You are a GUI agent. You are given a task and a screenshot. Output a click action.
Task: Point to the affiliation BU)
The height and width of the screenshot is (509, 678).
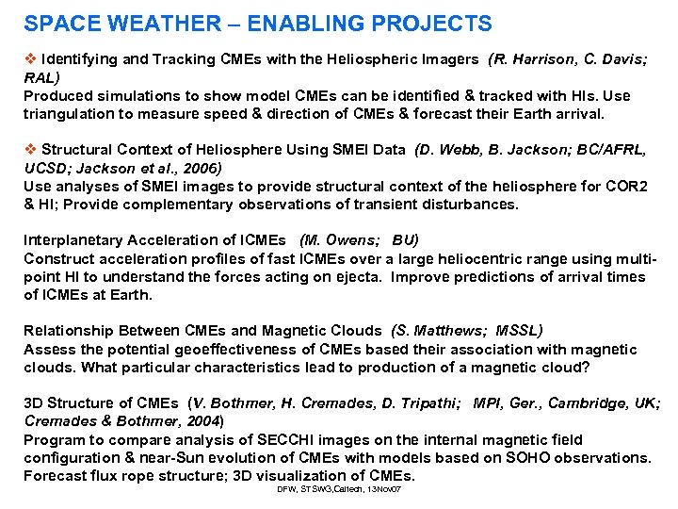click(404, 240)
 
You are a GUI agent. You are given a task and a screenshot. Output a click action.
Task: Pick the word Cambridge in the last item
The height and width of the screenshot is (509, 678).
click(593, 403)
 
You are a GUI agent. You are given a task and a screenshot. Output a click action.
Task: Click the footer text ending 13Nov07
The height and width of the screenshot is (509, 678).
click(339, 490)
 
